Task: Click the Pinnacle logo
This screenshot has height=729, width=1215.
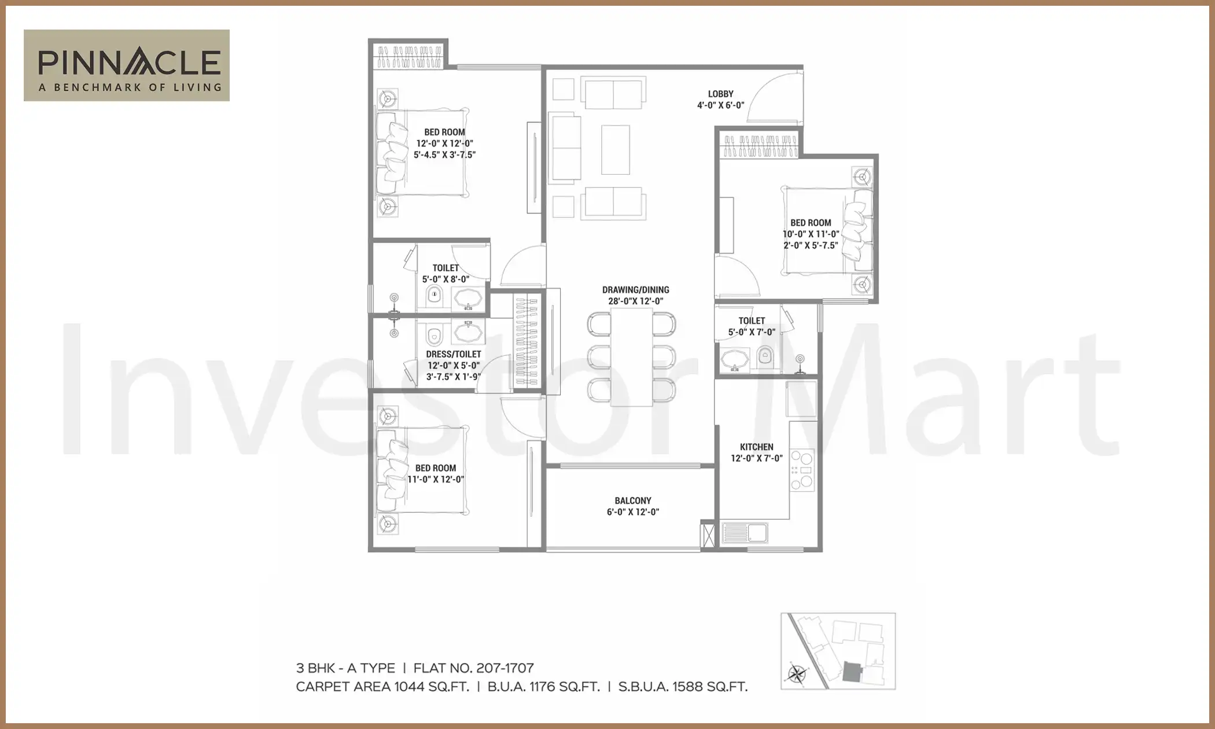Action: click(x=127, y=65)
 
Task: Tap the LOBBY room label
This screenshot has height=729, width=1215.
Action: click(x=720, y=94)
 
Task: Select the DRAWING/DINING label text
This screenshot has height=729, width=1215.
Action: click(x=635, y=290)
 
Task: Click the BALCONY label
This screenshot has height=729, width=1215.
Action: click(x=633, y=500)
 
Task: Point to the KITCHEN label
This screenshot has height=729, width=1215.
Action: click(x=756, y=447)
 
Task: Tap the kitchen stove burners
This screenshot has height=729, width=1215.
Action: click(x=802, y=470)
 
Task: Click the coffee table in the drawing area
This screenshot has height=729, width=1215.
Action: click(x=615, y=150)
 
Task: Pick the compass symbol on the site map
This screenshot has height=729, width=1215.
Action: click(x=797, y=674)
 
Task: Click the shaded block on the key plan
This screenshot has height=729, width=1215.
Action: click(x=851, y=671)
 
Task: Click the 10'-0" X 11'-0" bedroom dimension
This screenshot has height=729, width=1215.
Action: click(x=811, y=234)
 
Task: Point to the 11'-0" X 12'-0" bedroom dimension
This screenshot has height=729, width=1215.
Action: click(x=436, y=480)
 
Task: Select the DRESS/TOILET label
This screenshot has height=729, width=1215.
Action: click(x=453, y=354)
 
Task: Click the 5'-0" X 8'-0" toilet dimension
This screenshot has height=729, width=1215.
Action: click(x=446, y=279)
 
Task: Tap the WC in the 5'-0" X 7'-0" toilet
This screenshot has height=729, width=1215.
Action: click(x=765, y=355)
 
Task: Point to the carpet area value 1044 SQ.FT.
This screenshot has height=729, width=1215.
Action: click(x=431, y=687)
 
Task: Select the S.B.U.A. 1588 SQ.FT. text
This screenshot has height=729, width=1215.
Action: click(x=683, y=687)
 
